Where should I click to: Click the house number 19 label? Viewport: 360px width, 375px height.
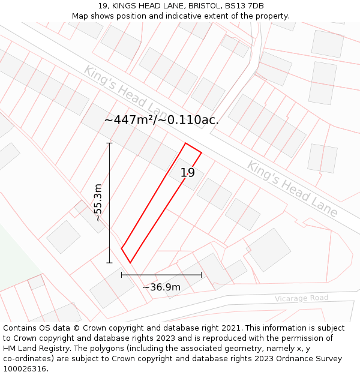188,173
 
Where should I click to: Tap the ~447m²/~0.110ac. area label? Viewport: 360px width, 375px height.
161,120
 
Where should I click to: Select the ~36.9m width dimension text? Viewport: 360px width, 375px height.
161,287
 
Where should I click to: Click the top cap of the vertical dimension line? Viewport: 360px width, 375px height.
109,143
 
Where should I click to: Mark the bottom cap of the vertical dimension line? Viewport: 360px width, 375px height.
109,263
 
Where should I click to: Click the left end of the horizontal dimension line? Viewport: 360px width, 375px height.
122,275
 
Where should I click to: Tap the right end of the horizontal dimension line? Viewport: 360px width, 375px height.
202,275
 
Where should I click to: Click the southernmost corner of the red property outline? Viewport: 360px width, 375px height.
130,263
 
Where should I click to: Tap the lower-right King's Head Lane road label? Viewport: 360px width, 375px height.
292,188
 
